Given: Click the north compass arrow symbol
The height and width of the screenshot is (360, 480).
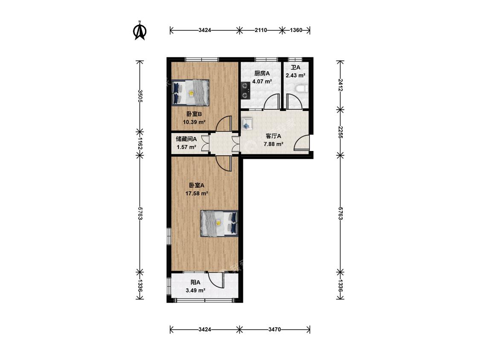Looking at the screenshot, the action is [x=140, y=30].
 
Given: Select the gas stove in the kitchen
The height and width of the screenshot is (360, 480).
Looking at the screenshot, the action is [x=245, y=90].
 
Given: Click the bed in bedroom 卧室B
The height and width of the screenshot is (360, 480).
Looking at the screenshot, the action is [x=190, y=93].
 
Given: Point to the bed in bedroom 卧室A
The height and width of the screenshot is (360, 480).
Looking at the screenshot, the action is [x=219, y=224].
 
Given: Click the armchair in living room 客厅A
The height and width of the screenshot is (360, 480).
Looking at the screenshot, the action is [x=247, y=123].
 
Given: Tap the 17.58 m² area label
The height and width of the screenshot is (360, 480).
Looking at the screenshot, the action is [x=197, y=194].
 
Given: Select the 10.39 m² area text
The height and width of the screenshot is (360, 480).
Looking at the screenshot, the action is [x=194, y=122].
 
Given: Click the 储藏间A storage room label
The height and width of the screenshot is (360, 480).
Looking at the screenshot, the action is [x=186, y=139].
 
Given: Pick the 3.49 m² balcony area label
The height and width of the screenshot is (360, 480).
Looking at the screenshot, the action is [x=195, y=290].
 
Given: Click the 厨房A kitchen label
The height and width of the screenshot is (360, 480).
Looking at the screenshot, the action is [x=262, y=73].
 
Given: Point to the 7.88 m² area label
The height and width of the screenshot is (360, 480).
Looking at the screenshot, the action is [x=273, y=144].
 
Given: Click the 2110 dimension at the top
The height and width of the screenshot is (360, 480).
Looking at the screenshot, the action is [x=261, y=30].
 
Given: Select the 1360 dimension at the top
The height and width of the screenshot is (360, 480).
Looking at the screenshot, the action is [x=296, y=30].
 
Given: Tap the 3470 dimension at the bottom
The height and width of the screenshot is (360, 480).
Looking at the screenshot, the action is [x=275, y=329].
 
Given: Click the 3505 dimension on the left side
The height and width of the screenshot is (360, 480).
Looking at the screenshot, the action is [x=140, y=96].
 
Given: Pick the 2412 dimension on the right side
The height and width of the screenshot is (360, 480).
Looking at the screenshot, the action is [x=340, y=85].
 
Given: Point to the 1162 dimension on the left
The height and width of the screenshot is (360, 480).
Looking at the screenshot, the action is [x=140, y=143].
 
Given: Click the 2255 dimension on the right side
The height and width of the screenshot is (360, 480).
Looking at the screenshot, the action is [x=340, y=132].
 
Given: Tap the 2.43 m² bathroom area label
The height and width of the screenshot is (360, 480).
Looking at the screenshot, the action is [x=295, y=75].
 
